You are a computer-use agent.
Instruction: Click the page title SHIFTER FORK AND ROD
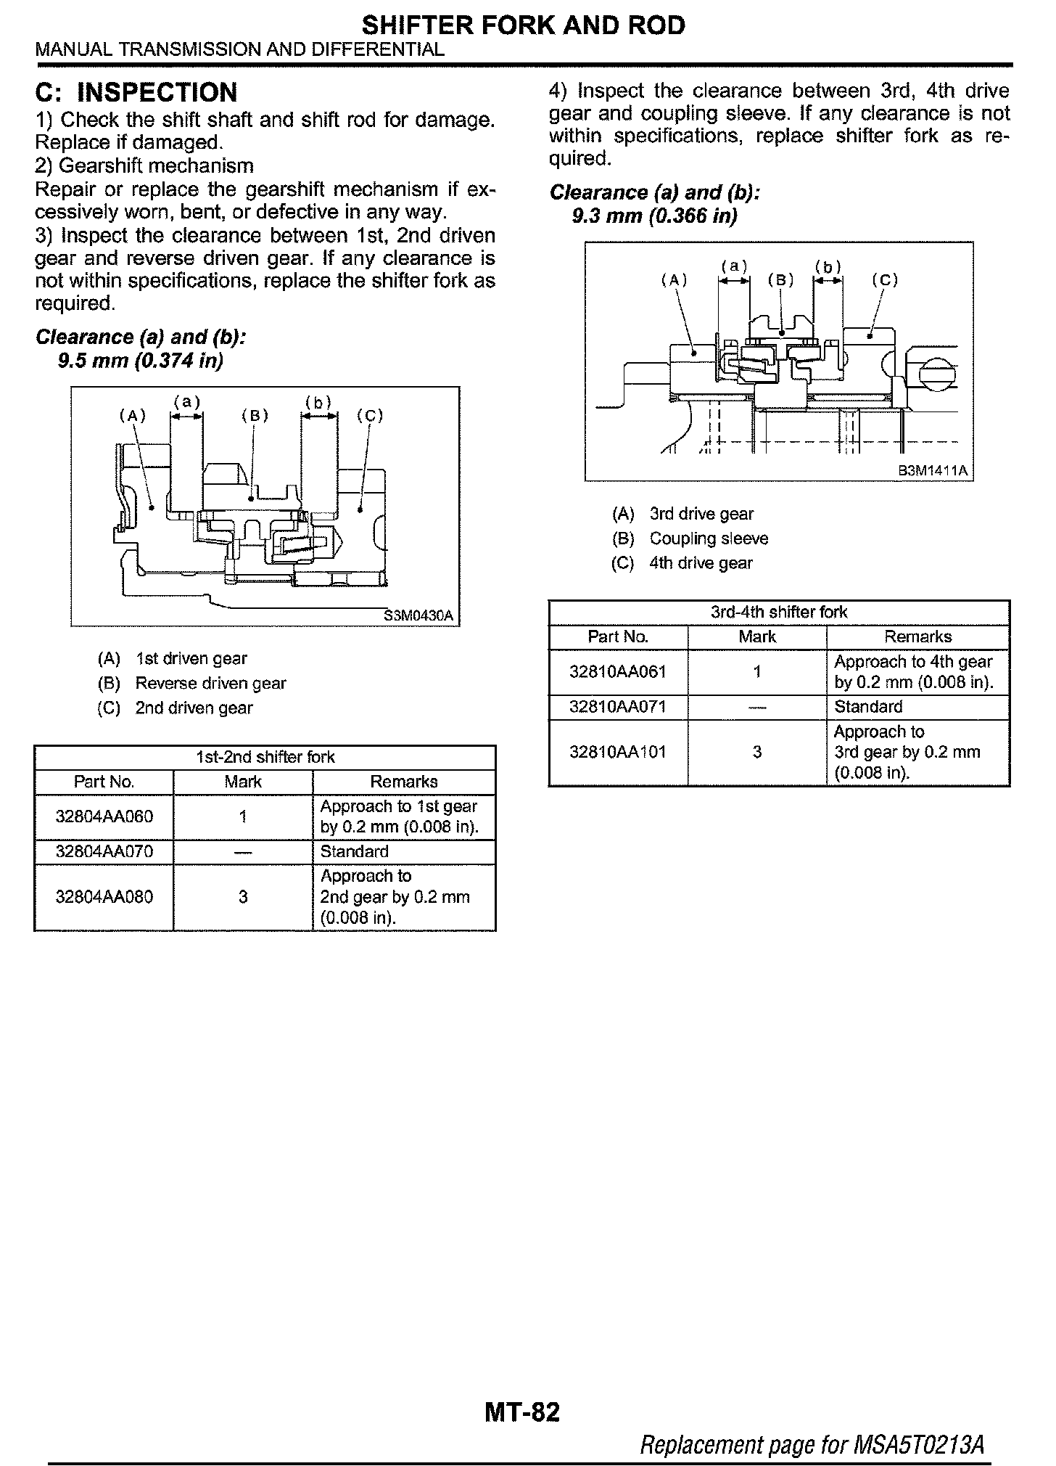[523, 25]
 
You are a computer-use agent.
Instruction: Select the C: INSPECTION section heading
[136, 93]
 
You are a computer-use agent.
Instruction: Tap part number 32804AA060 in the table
[104, 816]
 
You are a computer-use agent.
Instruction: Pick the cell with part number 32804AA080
[104, 896]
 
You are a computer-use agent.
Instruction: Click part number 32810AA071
[618, 707]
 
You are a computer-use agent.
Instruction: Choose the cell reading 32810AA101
[618, 752]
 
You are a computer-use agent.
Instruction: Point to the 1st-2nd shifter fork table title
[265, 757]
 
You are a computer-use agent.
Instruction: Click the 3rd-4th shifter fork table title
[779, 612]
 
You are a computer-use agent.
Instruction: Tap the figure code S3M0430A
[418, 615]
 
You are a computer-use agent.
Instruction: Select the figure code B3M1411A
[933, 470]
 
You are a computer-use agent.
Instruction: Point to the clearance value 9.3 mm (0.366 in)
[655, 216]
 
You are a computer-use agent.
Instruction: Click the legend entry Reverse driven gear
[210, 683]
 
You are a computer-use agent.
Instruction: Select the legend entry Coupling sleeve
[709, 539]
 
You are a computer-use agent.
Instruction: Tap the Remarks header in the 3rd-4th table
[917, 636]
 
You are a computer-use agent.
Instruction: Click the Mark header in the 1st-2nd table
[243, 782]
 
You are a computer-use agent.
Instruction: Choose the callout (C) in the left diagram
[370, 416]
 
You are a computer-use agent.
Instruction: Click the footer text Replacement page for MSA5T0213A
[812, 1445]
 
